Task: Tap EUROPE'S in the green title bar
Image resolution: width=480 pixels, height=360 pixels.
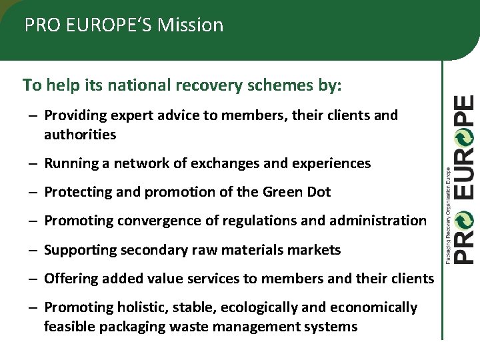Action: click(101, 25)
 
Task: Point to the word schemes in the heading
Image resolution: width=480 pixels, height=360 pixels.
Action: click(271, 85)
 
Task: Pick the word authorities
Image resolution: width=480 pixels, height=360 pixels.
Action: click(80, 135)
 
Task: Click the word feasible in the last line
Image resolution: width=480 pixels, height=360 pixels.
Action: click(70, 327)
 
